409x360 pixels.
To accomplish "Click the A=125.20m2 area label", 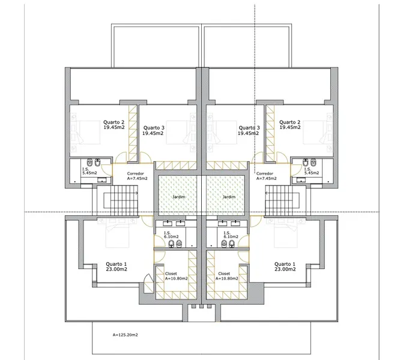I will pos(126,334).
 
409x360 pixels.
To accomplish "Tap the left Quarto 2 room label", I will pos(114,124).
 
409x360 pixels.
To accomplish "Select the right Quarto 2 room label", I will pos(289,124).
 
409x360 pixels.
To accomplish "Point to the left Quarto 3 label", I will pos(153,130).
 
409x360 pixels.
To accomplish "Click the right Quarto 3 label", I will pos(249,130).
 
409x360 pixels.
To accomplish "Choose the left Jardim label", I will pos(178,197).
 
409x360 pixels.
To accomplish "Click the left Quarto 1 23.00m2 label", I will pos(117,266).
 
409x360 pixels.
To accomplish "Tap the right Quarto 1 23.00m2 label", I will pos(285,266).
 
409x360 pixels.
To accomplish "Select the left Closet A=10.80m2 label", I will pos(176,275).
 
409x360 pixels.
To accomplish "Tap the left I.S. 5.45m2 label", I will pos(88,171).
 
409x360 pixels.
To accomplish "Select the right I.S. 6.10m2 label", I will pos(229,235).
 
